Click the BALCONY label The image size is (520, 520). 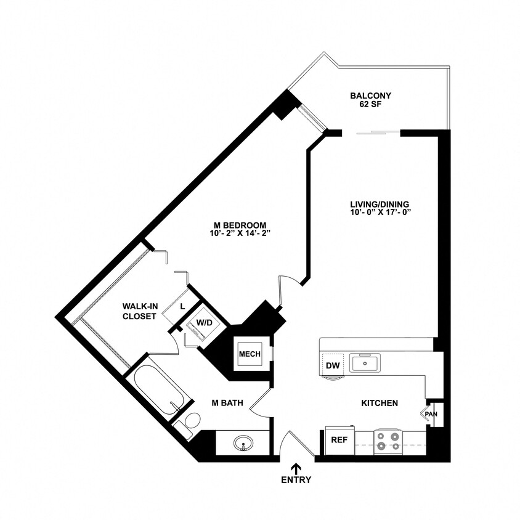[370, 95]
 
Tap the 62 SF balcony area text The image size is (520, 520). [370, 105]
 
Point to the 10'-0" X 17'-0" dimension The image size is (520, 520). [380, 213]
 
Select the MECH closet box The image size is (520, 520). [250, 354]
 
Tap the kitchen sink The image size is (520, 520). [365, 363]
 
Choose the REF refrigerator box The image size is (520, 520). [339, 441]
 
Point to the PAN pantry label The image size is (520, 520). [431, 414]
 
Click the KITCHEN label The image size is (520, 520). [380, 403]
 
